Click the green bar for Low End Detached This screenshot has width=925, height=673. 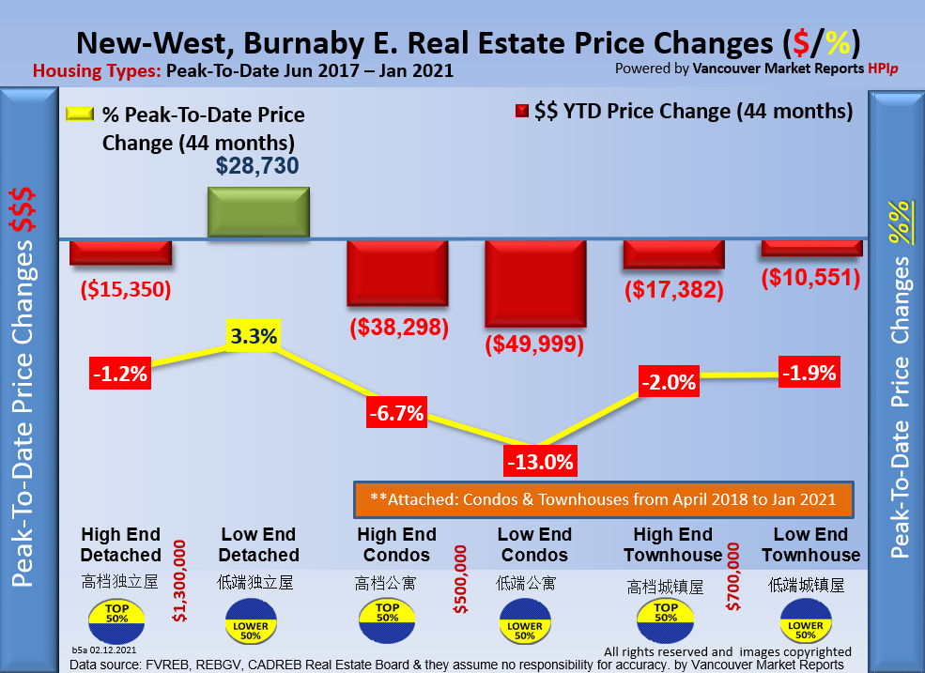257,212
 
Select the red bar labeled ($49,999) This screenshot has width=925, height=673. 535,283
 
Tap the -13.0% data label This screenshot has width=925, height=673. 539,462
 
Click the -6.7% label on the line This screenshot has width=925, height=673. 395,412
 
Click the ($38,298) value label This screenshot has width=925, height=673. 398,328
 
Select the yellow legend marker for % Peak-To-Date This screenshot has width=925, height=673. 80,115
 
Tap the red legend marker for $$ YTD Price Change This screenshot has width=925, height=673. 522,112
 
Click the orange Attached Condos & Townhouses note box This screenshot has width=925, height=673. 602,499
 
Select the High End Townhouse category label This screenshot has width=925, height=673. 671,544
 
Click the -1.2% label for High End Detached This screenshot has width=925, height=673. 119,373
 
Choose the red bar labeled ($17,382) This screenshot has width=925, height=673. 673,252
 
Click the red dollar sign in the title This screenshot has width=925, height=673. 800,43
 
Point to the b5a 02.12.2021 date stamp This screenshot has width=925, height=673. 103,650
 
